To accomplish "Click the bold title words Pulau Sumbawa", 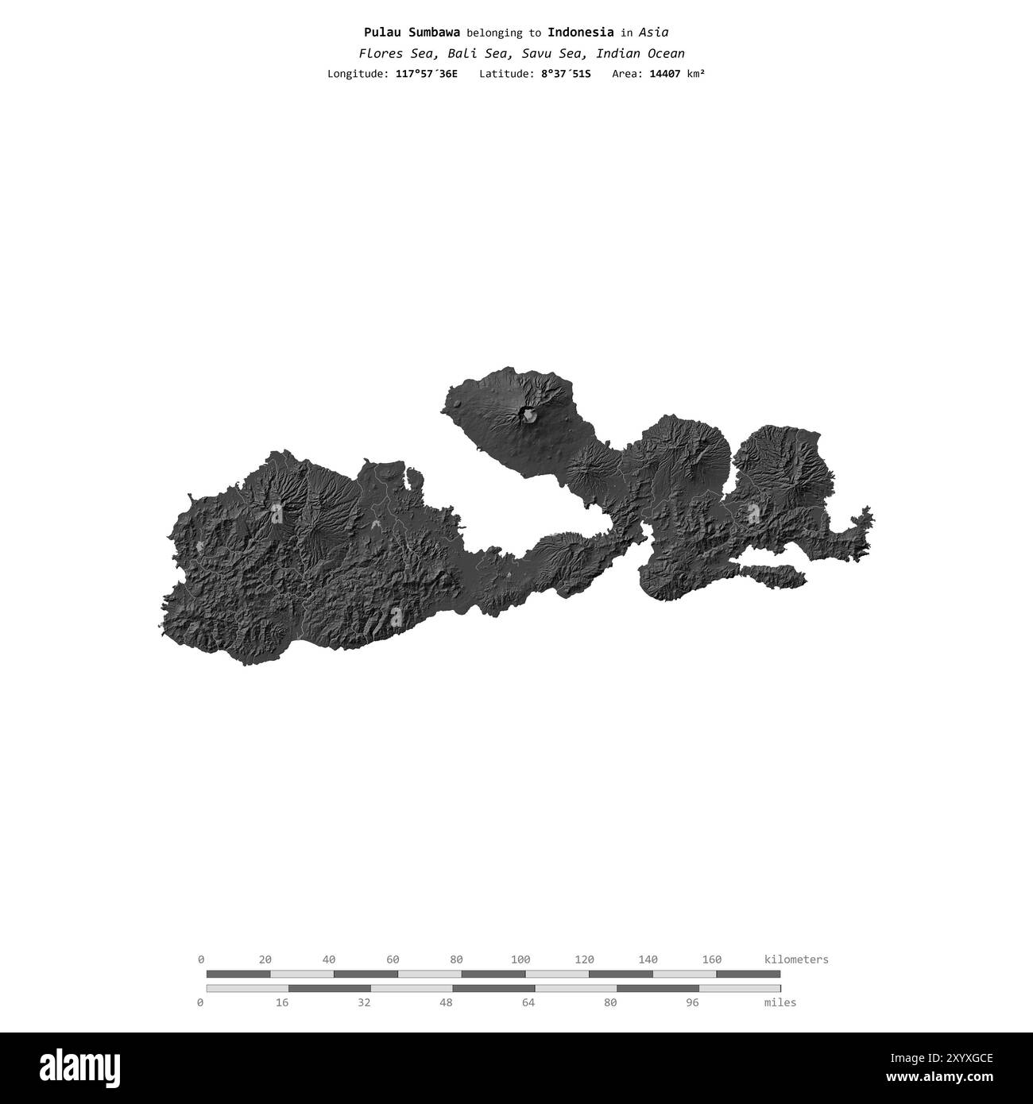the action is click(x=412, y=33).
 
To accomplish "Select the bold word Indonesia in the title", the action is click(x=580, y=33).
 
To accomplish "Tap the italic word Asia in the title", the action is click(x=653, y=33).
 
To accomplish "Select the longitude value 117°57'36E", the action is click(x=426, y=74).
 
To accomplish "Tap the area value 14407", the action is click(x=665, y=74).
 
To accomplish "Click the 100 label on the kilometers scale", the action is click(x=520, y=959).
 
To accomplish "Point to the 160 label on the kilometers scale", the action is click(x=711, y=959).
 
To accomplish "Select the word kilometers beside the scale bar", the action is click(x=796, y=959).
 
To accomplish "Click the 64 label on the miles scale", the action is click(x=528, y=1003).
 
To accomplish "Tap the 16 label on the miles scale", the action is click(x=282, y=1003).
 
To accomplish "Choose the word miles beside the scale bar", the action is click(x=780, y=1003).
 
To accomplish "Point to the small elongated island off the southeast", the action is click(x=767, y=573).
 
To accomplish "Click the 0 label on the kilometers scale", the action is click(x=201, y=959).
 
